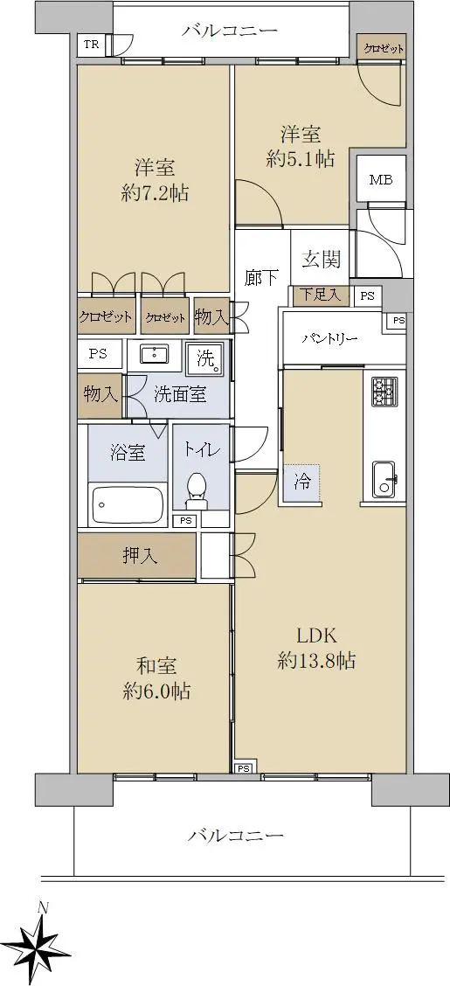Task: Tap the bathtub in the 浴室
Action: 128,504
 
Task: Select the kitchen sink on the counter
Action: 384,480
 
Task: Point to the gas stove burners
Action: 383,391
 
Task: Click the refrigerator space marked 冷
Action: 302,483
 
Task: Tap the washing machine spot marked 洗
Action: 206,358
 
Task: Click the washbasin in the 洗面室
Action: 153,355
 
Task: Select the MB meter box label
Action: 380,180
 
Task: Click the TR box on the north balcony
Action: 92,45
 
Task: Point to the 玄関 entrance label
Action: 322,259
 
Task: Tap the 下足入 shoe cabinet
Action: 321,295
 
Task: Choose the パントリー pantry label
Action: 329,339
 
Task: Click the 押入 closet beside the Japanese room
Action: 138,555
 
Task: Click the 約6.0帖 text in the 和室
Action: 156,691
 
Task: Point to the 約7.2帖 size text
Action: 154,193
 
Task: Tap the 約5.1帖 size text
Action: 301,159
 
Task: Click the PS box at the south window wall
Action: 244,767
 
